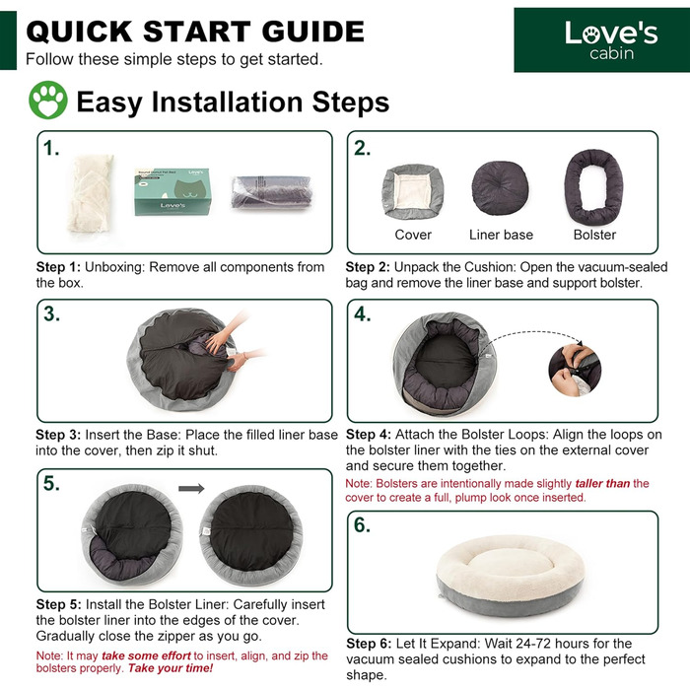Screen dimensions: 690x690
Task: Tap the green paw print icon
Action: coord(48,100)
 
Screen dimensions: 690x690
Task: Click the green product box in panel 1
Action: coord(172,192)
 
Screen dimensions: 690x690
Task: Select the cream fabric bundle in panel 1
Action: coord(91,193)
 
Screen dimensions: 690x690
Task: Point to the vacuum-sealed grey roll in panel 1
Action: coord(272,192)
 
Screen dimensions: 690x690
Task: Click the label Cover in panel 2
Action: coord(413,235)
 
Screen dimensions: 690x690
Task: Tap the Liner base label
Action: coord(501,235)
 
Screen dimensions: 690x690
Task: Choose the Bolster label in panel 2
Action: coord(594,235)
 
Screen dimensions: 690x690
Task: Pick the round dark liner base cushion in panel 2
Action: coord(500,187)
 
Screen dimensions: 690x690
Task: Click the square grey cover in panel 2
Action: coord(412,192)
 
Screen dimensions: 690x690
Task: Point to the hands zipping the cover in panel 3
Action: coord(234,343)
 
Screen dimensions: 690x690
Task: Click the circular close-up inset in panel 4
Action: coord(575,370)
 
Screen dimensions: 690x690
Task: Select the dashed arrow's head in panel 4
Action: coord(580,343)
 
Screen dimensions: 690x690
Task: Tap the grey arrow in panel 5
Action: coord(191,489)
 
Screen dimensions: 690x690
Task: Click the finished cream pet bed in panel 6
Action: coord(511,575)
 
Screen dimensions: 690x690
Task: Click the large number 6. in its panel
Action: coord(362,525)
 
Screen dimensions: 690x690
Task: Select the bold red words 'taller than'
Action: coord(602,484)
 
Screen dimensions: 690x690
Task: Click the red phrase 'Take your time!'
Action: coord(171,668)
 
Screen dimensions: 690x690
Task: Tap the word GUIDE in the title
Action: coord(312,32)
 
